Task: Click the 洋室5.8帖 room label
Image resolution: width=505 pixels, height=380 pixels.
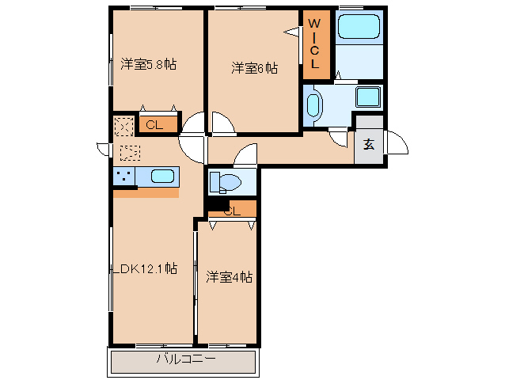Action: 148,65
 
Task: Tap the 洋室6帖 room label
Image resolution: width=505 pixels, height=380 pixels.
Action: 254,69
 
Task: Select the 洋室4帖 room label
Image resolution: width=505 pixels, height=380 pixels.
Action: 229,277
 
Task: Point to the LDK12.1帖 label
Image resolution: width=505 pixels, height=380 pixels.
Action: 144,268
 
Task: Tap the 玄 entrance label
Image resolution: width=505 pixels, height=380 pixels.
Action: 369,145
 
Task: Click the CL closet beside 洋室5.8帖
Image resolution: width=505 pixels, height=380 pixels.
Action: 154,123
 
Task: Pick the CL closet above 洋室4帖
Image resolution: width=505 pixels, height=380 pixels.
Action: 232,210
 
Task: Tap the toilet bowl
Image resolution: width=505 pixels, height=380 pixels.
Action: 226,181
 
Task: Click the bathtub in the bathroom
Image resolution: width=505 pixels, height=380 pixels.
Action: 359,28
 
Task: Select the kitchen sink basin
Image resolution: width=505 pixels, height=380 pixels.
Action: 162,176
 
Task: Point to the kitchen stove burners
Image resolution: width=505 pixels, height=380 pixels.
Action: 123,176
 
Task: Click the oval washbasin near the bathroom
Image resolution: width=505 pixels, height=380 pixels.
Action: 313,106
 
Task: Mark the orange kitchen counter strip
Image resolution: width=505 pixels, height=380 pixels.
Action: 146,192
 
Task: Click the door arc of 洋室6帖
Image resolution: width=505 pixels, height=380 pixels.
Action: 222,123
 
